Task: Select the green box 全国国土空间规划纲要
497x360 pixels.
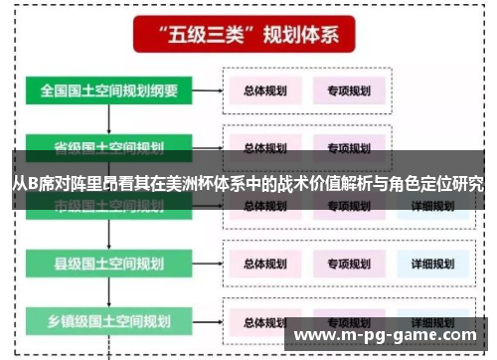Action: click(x=109, y=90)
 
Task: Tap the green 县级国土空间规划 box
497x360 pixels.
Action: click(x=109, y=264)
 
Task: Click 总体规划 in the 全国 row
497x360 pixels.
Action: click(x=265, y=90)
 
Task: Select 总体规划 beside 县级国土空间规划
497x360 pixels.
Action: click(x=265, y=264)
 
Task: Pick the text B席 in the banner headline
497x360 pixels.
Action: click(x=40, y=184)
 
